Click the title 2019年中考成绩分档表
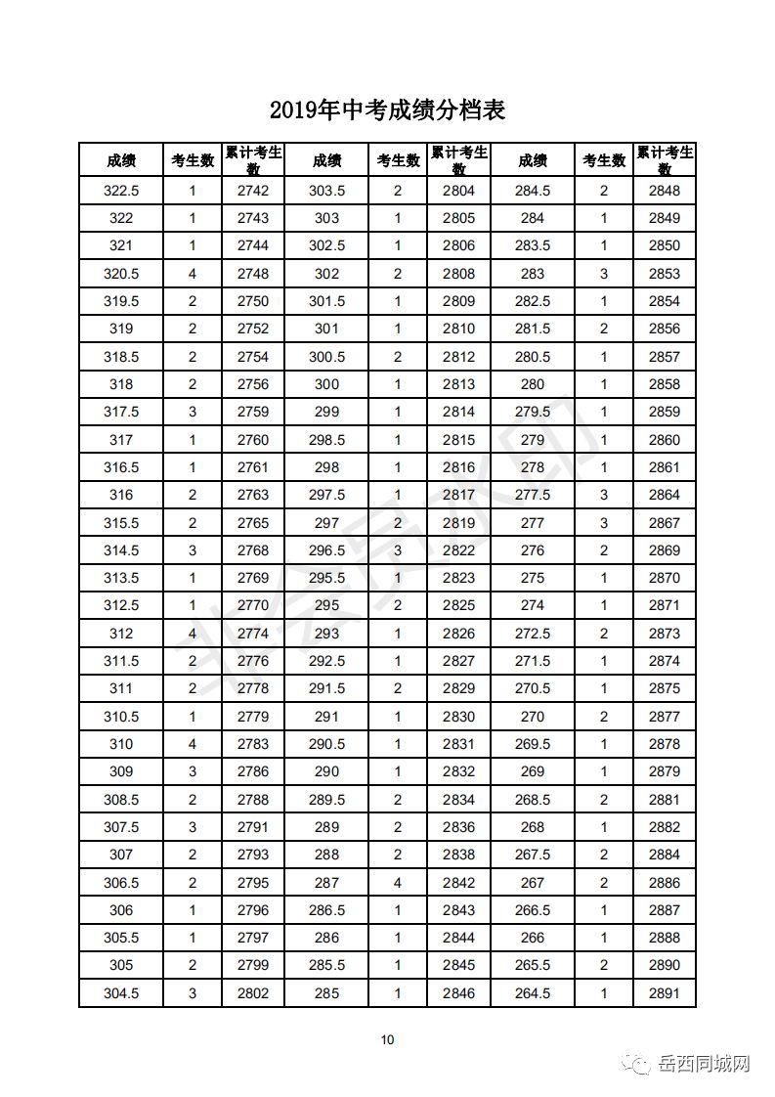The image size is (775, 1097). [x=387, y=110]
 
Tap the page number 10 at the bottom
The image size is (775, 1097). [x=388, y=1039]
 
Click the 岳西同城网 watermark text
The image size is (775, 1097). [x=704, y=1064]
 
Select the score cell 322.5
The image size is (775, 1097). [x=121, y=191]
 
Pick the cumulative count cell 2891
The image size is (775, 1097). [x=665, y=993]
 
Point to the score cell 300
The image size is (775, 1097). [x=326, y=384]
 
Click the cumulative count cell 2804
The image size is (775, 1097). [x=458, y=191]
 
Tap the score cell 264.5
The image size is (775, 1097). [x=533, y=993]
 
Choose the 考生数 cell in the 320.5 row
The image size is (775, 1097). [x=193, y=274]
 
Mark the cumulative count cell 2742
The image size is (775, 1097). [x=252, y=191]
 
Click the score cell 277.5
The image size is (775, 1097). [x=533, y=495]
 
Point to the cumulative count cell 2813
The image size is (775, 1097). [x=458, y=384]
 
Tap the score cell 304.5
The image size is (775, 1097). [x=121, y=993]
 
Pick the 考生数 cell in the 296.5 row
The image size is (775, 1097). [x=398, y=550]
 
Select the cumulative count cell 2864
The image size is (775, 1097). [x=665, y=495]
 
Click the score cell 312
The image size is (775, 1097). [x=121, y=634]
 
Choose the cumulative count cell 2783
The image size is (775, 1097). [x=252, y=744]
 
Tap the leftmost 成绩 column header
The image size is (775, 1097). [x=121, y=160]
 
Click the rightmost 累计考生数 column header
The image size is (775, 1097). [x=665, y=160]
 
